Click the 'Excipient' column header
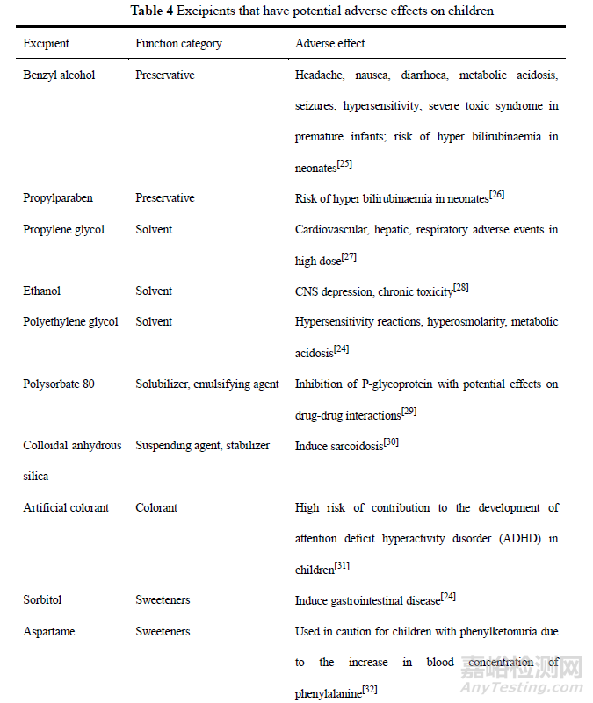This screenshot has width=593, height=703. [x=46, y=43]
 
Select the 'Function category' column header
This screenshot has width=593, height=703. [x=178, y=43]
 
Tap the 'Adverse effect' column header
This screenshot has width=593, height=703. [x=329, y=43]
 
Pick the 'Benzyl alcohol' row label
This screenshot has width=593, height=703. [x=59, y=75]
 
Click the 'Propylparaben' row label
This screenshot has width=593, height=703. [x=57, y=198]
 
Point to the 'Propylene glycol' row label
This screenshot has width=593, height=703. [x=63, y=229]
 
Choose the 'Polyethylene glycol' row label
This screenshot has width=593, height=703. [x=70, y=322]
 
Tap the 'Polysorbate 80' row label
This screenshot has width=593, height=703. [x=59, y=384]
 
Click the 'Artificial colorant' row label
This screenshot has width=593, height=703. [x=67, y=507]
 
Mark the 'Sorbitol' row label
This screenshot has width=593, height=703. [x=42, y=600]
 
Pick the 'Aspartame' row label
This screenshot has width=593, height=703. [x=48, y=631]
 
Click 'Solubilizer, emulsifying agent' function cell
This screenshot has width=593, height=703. [x=207, y=384]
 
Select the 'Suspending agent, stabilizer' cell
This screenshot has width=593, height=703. [x=202, y=446]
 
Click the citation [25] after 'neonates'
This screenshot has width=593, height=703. [x=345, y=163]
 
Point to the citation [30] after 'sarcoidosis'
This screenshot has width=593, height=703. [x=392, y=441]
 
